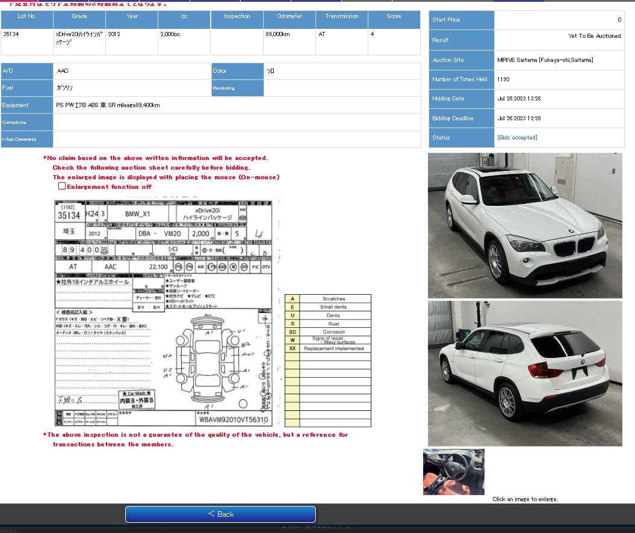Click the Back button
coord(220,514)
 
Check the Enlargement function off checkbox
coord(62,186)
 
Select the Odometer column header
coord(290,16)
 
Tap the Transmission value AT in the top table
coord(322,34)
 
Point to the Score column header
coord(394,16)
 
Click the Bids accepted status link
coord(517,138)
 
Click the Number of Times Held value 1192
coord(504,79)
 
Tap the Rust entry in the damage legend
coord(333,324)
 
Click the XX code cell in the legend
coord(293,348)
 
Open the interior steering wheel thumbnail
coord(453,472)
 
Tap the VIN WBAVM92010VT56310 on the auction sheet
coord(233,419)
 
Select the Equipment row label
coord(16,105)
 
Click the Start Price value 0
coord(619,20)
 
